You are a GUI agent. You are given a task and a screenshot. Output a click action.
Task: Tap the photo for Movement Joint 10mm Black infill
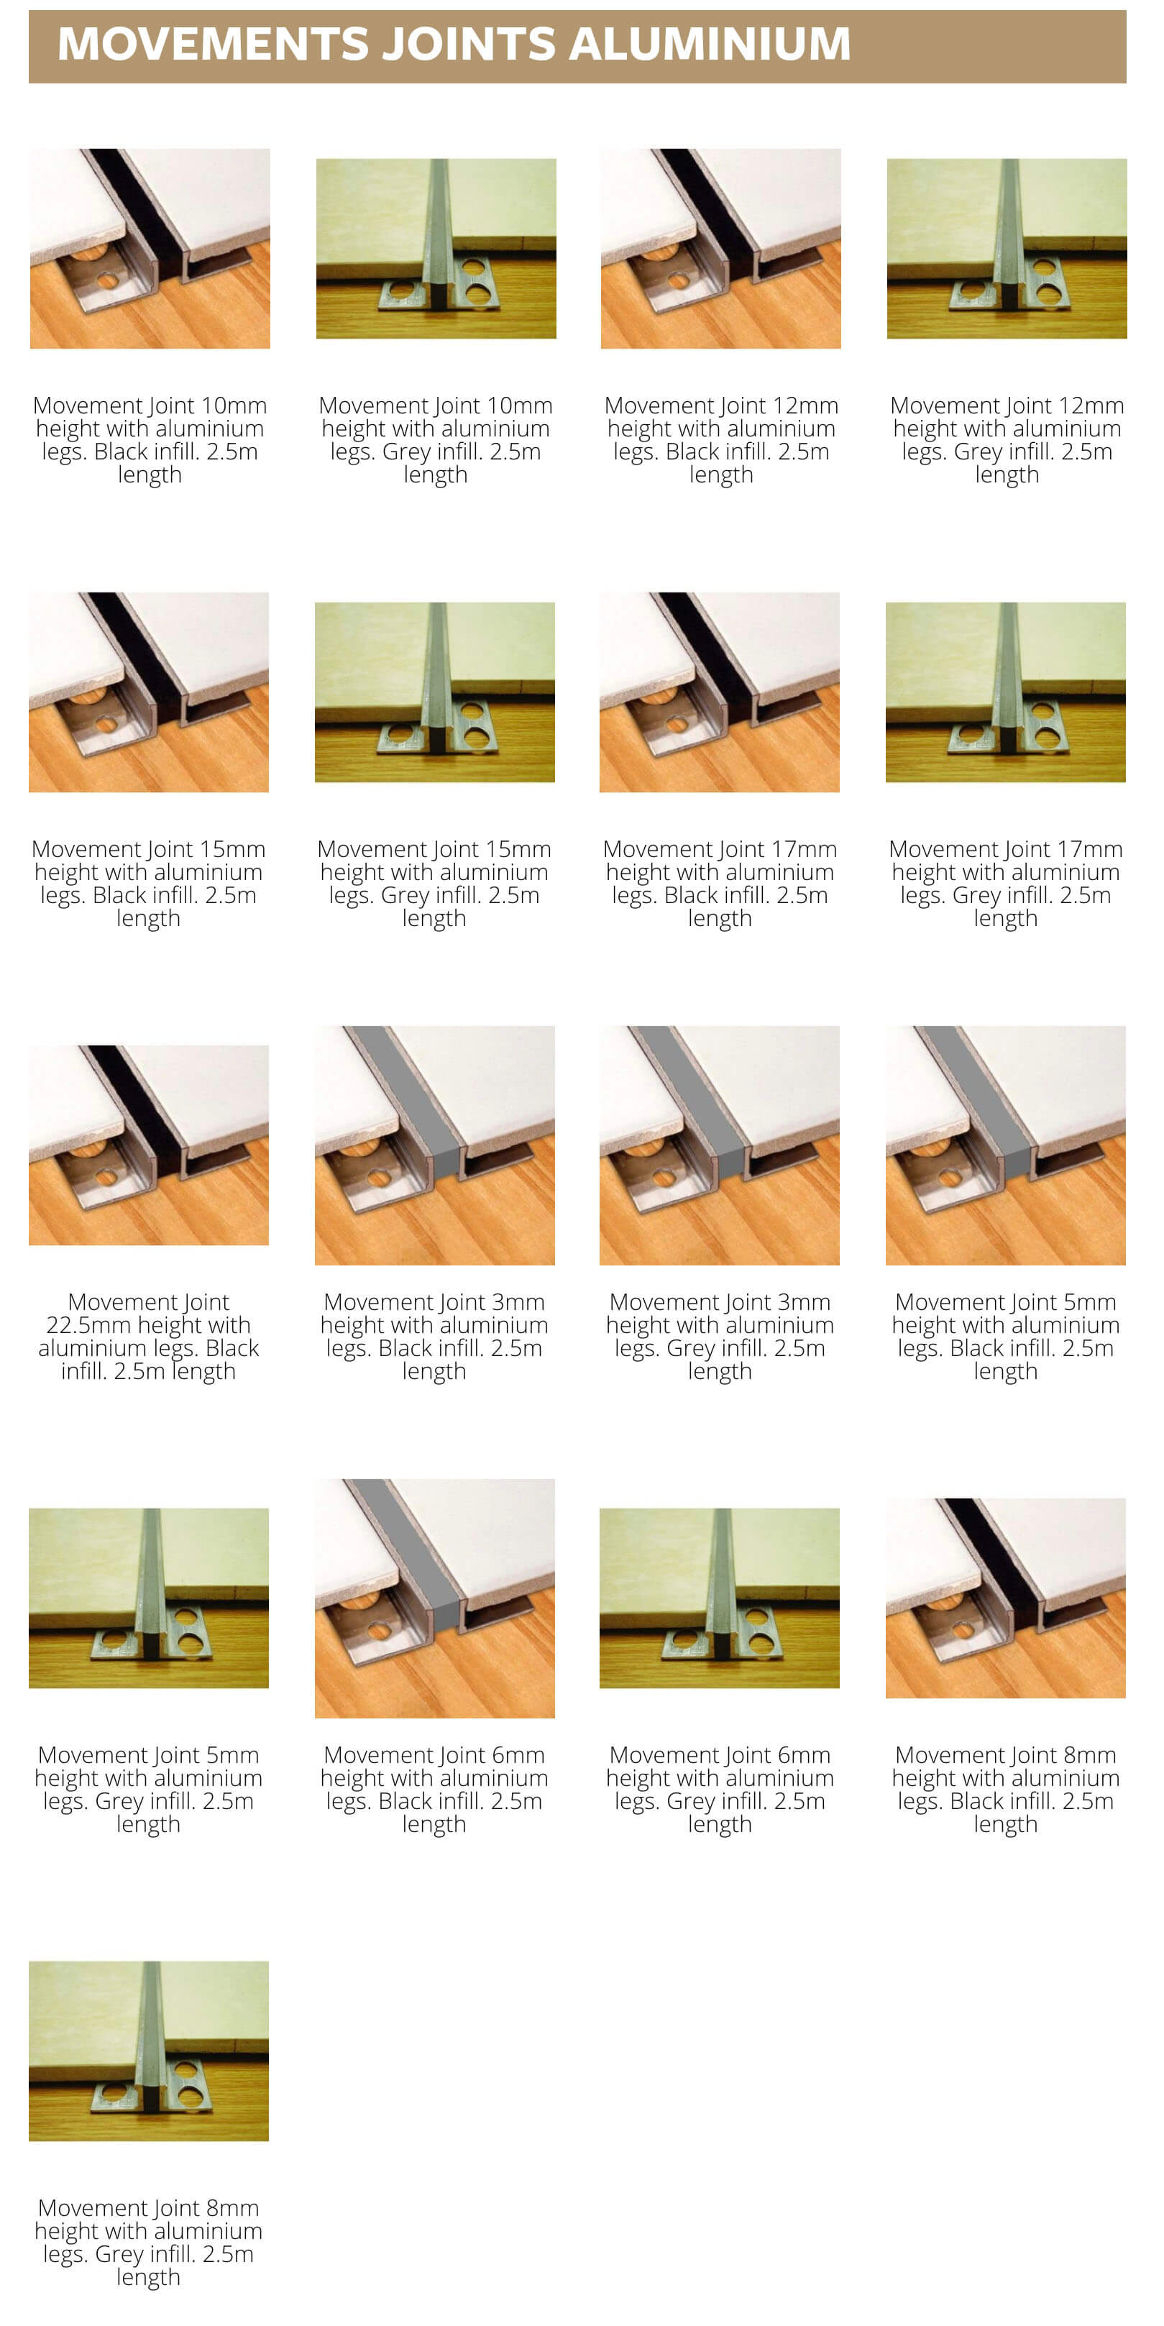[150, 248]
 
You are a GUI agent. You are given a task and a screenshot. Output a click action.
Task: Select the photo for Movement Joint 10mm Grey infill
[435, 248]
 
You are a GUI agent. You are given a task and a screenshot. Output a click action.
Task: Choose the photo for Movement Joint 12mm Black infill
[720, 248]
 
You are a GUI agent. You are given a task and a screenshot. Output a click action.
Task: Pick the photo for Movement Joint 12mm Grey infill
[1006, 248]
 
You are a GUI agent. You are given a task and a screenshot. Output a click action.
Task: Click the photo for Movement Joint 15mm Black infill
[149, 692]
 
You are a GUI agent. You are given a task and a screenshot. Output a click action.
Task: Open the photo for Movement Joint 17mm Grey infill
[1005, 692]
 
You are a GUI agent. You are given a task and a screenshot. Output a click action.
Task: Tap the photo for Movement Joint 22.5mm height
[149, 1145]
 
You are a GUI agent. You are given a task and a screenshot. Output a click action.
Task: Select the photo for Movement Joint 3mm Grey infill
[720, 1145]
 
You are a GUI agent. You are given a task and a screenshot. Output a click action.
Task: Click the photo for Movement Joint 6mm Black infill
[434, 1598]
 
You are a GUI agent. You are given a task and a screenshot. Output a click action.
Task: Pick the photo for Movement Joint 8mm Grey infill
[149, 2050]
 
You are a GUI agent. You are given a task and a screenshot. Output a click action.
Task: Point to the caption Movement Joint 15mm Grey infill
[434, 883]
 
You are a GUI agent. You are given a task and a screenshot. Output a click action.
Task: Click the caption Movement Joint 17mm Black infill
[720, 883]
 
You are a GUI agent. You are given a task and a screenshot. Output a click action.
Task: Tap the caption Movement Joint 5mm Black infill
[1005, 1337]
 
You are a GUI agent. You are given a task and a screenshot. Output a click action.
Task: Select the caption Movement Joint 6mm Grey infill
[720, 1789]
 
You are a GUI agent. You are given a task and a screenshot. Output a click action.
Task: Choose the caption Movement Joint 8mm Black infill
[1005, 1789]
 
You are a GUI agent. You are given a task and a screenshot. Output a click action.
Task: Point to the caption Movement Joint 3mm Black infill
[434, 1337]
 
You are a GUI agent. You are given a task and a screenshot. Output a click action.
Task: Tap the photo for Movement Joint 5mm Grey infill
[149, 1598]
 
